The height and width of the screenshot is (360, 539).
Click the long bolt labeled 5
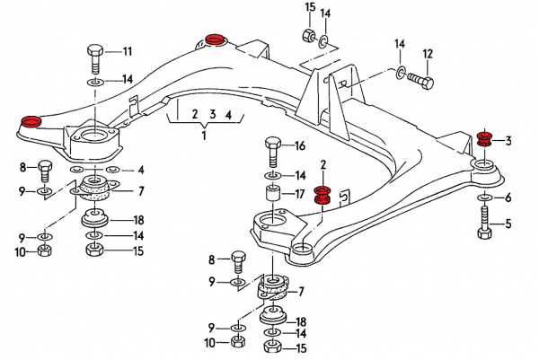(483, 222)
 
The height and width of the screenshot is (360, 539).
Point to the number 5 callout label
(509, 224)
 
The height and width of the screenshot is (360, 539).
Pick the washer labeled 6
(484, 196)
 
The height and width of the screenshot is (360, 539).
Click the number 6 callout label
(509, 198)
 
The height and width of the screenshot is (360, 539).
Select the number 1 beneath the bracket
(204, 135)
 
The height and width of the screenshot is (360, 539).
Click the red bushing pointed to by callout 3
(484, 140)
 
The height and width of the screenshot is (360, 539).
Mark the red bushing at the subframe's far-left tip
(31, 122)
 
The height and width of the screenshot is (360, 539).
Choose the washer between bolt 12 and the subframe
(398, 70)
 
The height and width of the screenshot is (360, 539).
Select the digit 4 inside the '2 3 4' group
(229, 115)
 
